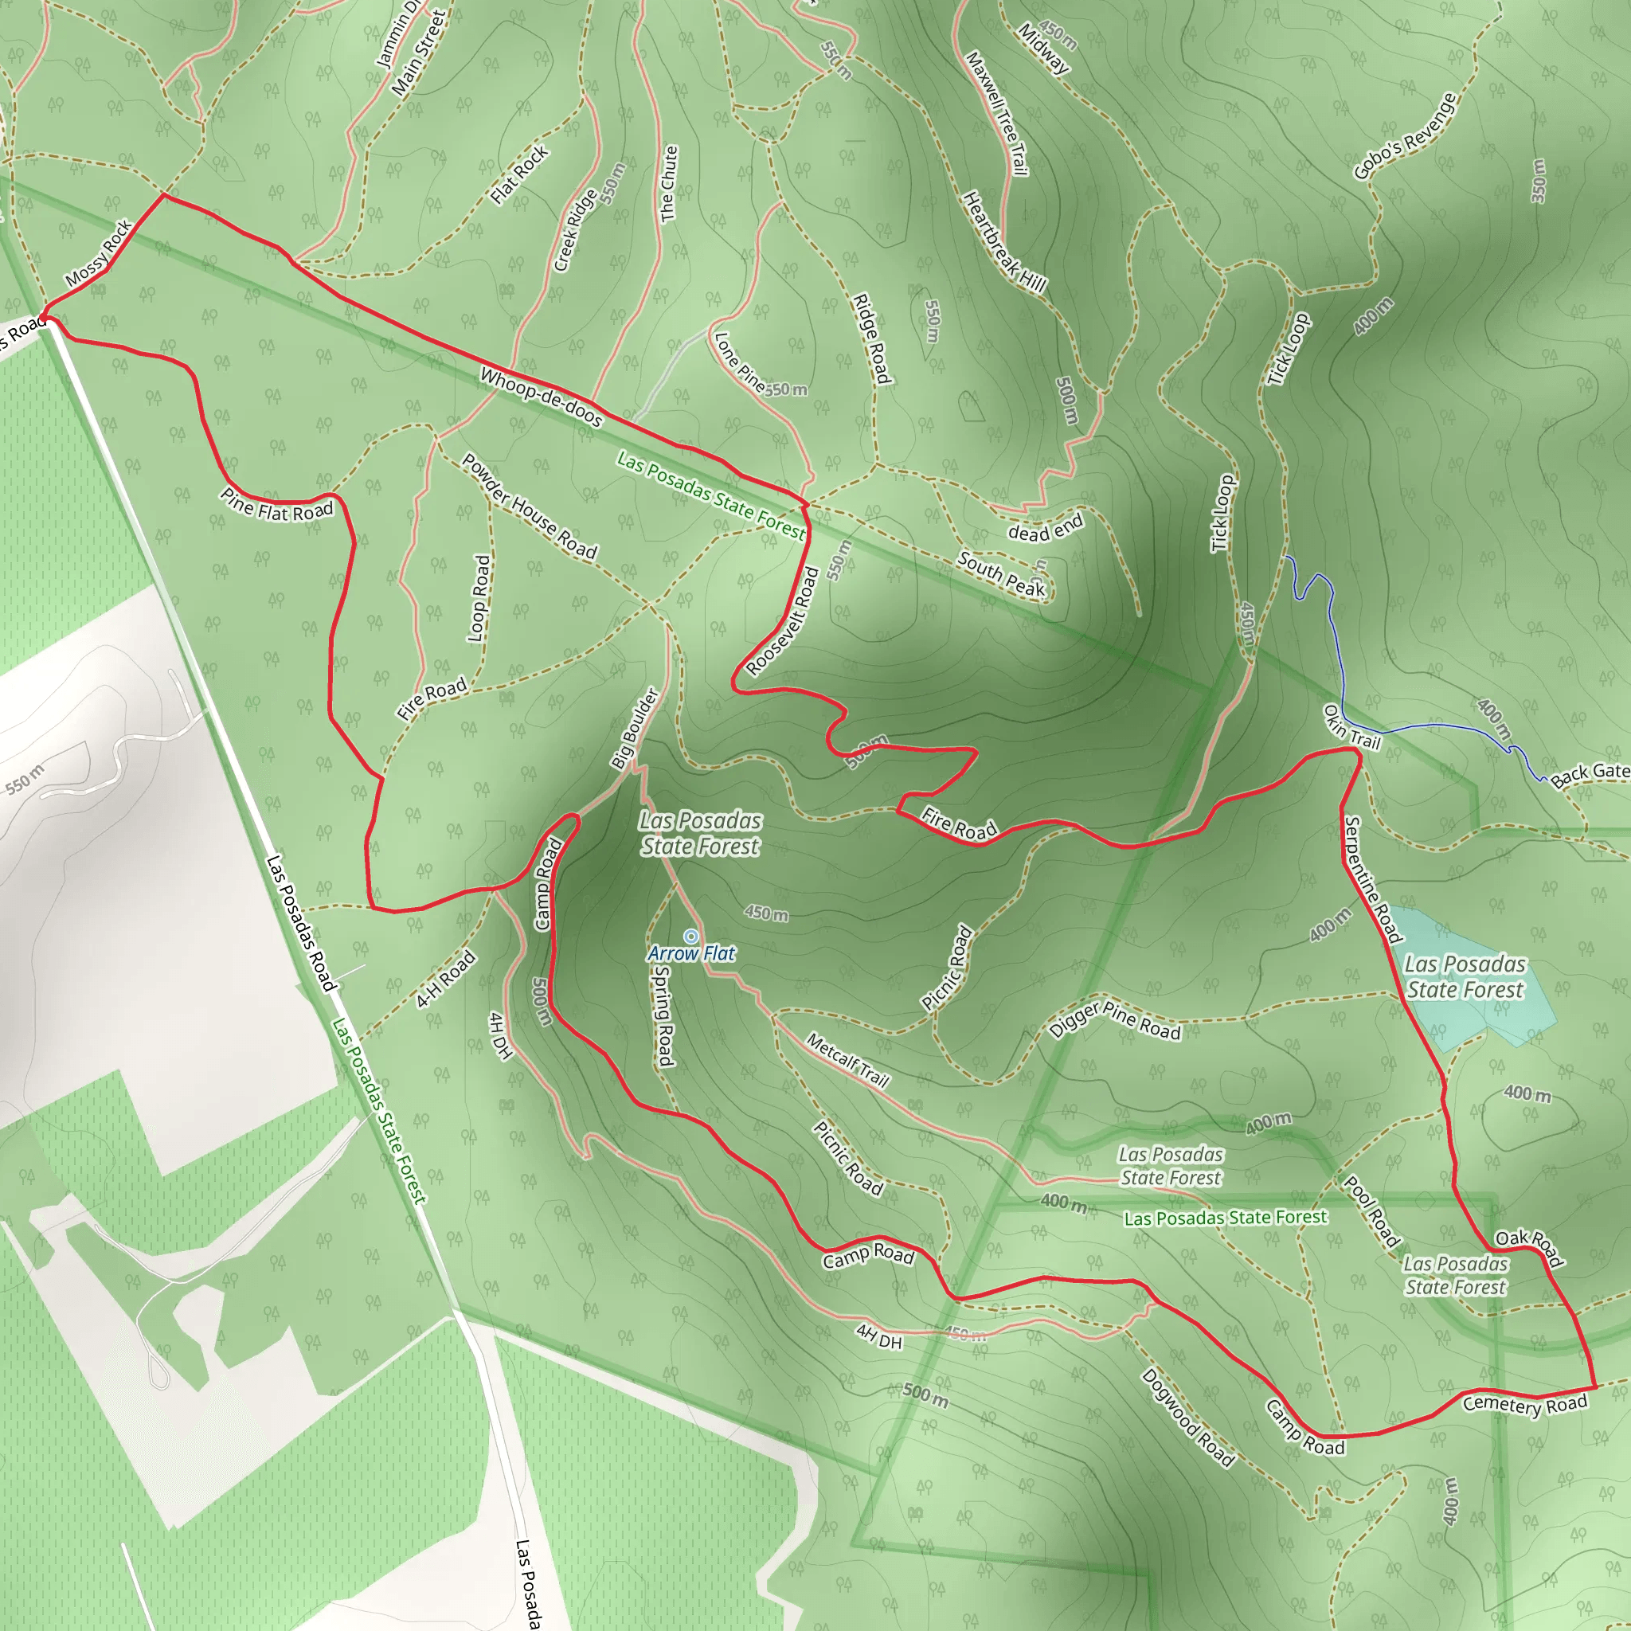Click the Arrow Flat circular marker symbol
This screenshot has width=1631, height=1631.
point(690,937)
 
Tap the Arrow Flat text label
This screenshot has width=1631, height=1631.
point(691,954)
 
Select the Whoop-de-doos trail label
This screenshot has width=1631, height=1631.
point(541,397)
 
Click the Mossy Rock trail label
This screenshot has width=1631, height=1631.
point(100,252)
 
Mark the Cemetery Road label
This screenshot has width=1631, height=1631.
point(1524,1404)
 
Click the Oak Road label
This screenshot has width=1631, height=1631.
point(1530,1249)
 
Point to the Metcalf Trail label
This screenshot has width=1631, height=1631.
point(847,1060)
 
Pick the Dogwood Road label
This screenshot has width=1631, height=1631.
point(1187,1418)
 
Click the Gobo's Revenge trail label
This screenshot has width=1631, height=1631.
point(1405,137)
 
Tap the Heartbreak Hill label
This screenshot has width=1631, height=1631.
point(1004,242)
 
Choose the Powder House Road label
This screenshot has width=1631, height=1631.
point(530,507)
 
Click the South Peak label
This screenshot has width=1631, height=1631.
point(1001,574)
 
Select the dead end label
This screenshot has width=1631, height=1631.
point(1045,529)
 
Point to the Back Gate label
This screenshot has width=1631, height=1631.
point(1590,772)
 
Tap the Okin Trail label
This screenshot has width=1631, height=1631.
point(1351,728)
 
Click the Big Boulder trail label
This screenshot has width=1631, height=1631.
point(635,728)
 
